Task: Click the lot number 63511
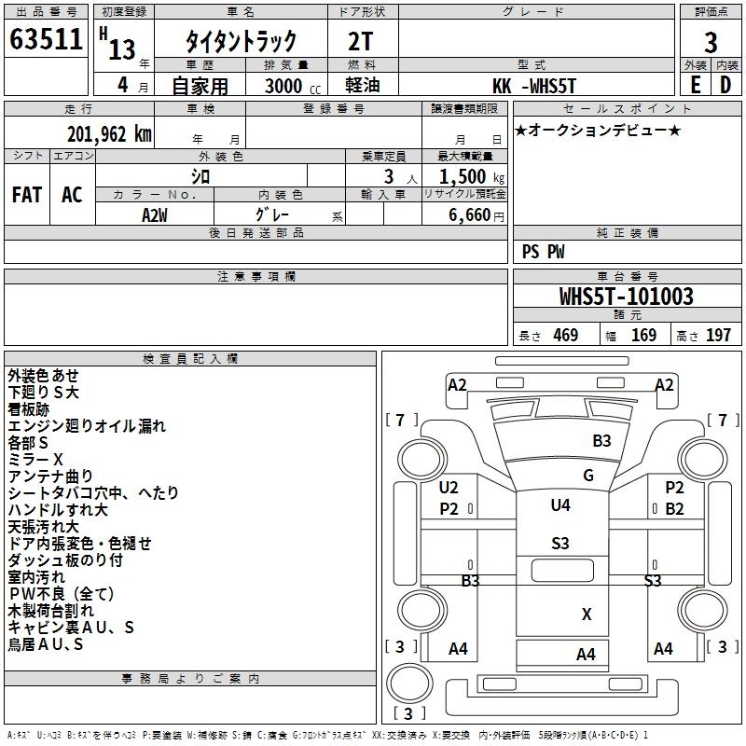(x=46, y=39)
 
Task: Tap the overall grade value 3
(x=711, y=42)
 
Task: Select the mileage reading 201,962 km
(x=109, y=134)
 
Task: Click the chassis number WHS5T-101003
(x=626, y=296)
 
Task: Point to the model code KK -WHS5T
(x=534, y=86)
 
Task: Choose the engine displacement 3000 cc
(x=293, y=86)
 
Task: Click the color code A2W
(x=154, y=215)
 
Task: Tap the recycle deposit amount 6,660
(x=470, y=215)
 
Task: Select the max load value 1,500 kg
(x=472, y=177)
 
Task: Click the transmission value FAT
(x=27, y=195)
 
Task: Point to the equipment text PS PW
(x=543, y=252)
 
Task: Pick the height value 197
(x=718, y=335)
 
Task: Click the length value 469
(x=566, y=335)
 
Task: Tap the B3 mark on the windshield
(x=601, y=441)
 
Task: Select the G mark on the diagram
(x=588, y=475)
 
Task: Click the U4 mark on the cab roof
(x=560, y=504)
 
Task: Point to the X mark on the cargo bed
(x=587, y=615)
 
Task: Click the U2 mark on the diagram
(x=449, y=487)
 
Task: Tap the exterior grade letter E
(x=695, y=85)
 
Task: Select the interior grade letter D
(x=725, y=85)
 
